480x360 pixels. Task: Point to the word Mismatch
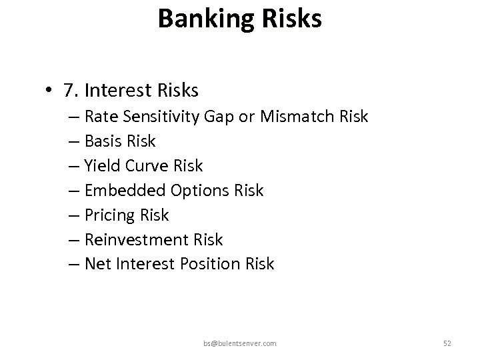(x=303, y=117)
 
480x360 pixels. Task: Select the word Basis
(x=105, y=141)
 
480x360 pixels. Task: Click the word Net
(x=99, y=264)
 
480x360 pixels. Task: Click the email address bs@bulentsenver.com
(x=240, y=343)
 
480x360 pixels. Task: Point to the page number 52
(x=447, y=343)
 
